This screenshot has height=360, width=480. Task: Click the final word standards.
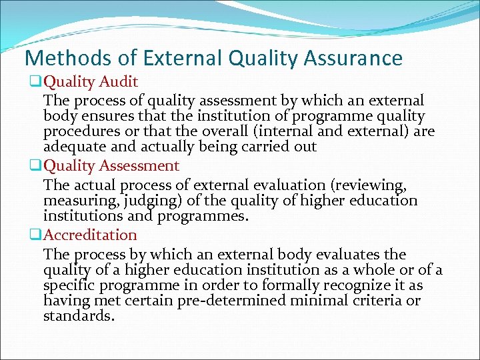point(79,316)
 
